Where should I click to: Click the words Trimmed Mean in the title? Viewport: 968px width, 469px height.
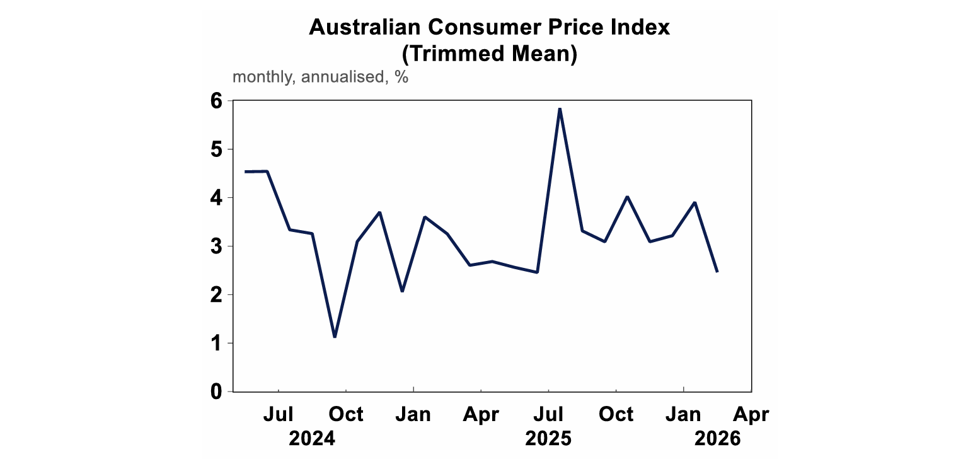click(489, 54)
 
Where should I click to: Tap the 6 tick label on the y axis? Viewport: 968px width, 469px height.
click(217, 101)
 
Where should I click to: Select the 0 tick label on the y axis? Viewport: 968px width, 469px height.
click(217, 391)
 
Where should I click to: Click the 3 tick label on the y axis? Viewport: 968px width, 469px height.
click(217, 246)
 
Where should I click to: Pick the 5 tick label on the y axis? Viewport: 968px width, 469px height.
click(217, 149)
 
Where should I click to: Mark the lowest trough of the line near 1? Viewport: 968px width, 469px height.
click(335, 337)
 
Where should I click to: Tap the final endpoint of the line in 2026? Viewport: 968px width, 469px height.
click(717, 272)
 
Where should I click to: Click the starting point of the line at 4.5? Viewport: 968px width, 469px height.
click(246, 171)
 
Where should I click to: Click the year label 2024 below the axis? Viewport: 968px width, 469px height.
click(312, 439)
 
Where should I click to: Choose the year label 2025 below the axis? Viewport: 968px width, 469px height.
click(548, 439)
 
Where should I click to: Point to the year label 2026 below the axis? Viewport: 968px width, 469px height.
click(718, 439)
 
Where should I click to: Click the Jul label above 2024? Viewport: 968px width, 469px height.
click(278, 414)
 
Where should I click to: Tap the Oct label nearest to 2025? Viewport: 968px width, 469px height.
click(616, 414)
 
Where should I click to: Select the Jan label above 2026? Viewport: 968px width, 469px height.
click(684, 414)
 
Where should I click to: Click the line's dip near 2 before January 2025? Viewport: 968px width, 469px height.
click(402, 291)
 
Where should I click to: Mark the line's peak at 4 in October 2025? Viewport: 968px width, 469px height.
click(627, 197)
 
